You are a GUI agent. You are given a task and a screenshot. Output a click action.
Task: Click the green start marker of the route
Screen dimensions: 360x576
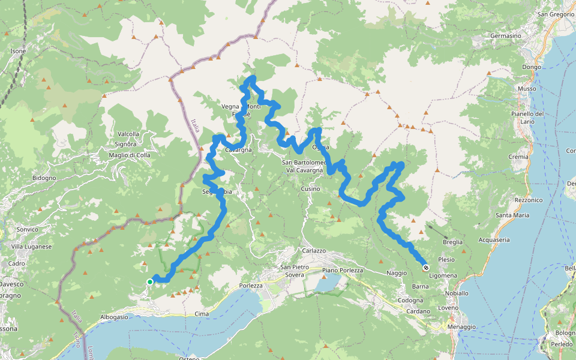pyautogui.click(x=150, y=281)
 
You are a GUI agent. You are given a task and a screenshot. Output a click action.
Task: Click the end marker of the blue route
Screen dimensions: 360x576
pyautogui.click(x=425, y=268)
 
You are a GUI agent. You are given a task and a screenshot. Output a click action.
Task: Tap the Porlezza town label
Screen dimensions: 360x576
pyautogui.click(x=251, y=286)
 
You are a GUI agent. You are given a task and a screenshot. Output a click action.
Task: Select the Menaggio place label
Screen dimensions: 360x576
pyautogui.click(x=461, y=326)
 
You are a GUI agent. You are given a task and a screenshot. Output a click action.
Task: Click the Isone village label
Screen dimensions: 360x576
pyautogui.click(x=18, y=52)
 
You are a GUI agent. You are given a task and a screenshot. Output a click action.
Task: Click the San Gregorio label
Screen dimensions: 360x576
pyautogui.click(x=556, y=14)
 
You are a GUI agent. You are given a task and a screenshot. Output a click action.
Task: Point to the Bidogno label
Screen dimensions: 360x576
pyautogui.click(x=44, y=178)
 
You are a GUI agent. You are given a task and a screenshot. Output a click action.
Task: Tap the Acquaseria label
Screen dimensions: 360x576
pyautogui.click(x=494, y=239)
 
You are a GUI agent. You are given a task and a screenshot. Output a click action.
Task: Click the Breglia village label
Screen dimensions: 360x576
pyautogui.click(x=452, y=242)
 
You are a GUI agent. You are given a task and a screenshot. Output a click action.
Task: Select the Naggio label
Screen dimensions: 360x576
pyautogui.click(x=397, y=272)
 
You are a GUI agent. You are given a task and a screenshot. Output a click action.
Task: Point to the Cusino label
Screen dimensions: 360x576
pyautogui.click(x=311, y=188)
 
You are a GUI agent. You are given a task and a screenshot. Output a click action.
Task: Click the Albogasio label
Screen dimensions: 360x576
pyautogui.click(x=115, y=317)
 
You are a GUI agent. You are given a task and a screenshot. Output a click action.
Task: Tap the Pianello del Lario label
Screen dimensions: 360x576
pyautogui.click(x=527, y=118)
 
